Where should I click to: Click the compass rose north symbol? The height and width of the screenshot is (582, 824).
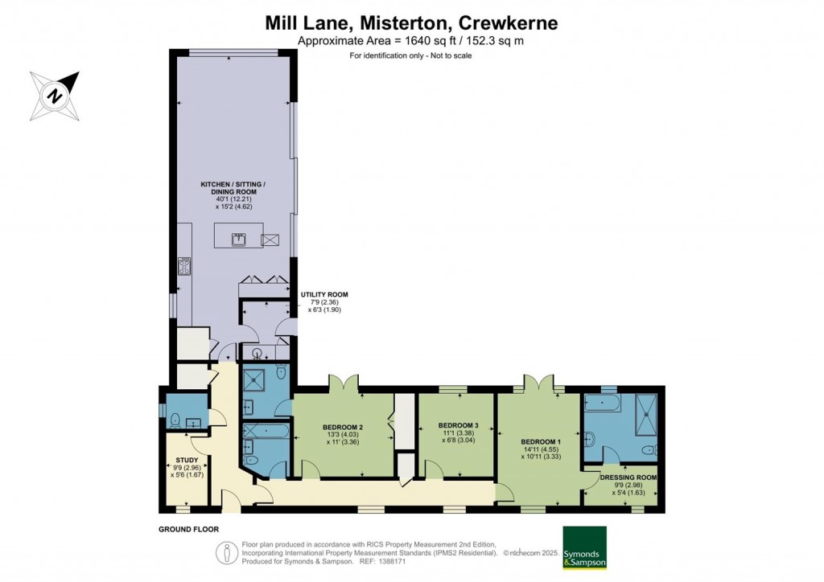(x=55, y=96)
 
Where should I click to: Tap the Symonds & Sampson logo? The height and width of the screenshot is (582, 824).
(x=584, y=548)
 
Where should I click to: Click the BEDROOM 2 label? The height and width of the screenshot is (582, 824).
(x=344, y=427)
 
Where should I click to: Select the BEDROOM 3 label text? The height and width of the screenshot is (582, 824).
(x=458, y=425)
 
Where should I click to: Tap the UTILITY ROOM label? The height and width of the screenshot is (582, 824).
(x=323, y=295)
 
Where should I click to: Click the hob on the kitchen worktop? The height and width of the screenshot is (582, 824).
(x=183, y=267)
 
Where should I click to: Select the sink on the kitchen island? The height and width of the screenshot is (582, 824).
(x=239, y=239)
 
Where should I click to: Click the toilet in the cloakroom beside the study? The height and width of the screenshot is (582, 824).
(x=174, y=418)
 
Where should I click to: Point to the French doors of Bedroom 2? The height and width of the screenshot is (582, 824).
(x=344, y=384)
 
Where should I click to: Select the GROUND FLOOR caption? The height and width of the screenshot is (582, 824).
(x=189, y=530)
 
